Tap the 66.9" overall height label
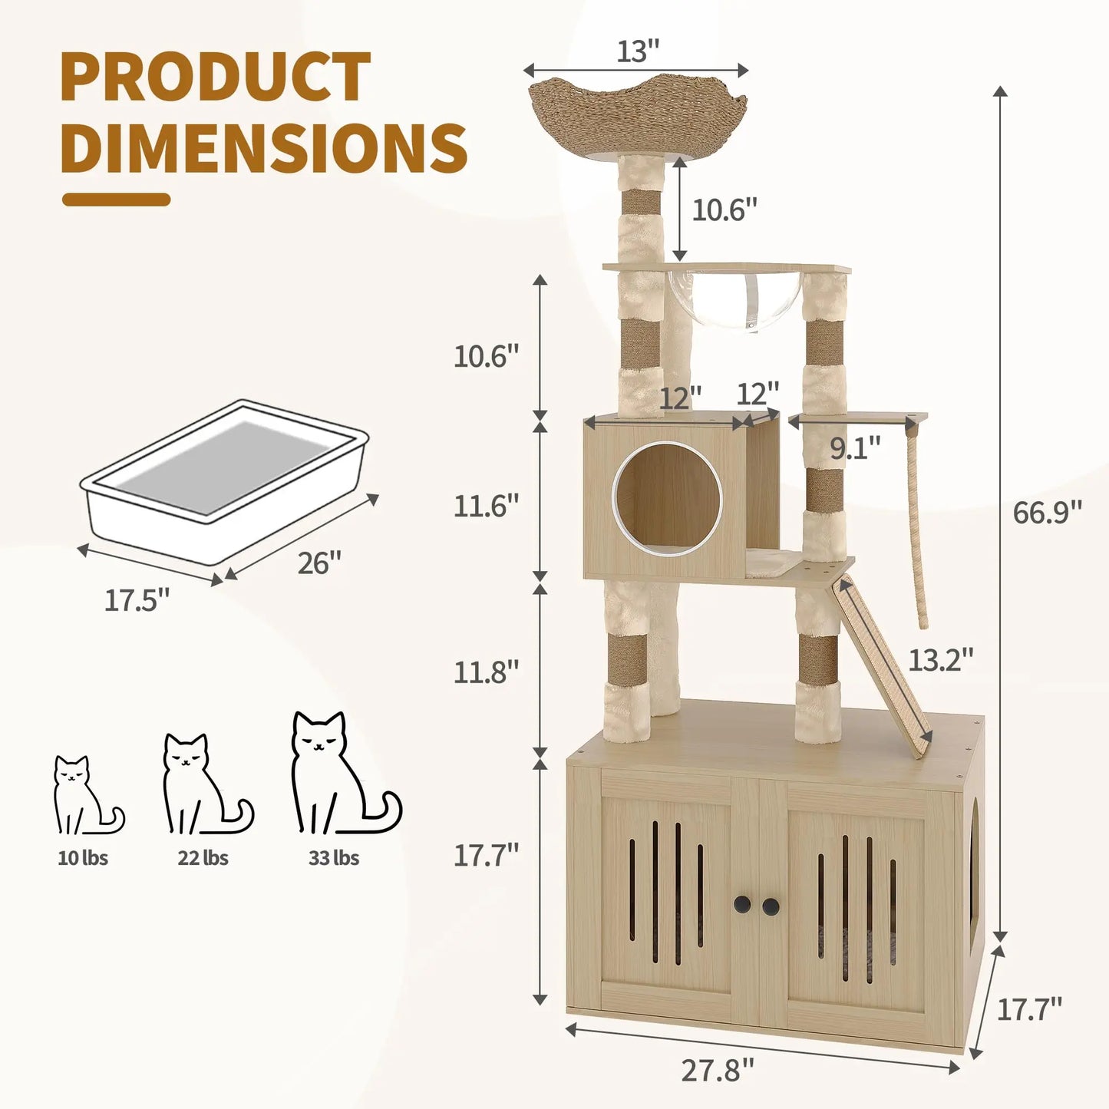click(1047, 512)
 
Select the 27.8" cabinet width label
click(718, 1070)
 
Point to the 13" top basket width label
click(638, 51)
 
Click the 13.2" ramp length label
click(940, 659)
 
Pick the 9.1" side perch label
click(855, 449)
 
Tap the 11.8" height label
click(486, 672)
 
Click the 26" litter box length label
click(319, 563)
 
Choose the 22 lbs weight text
click(203, 858)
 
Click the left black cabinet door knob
click(742, 906)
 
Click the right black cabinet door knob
click(771, 906)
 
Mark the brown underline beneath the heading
click(116, 200)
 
